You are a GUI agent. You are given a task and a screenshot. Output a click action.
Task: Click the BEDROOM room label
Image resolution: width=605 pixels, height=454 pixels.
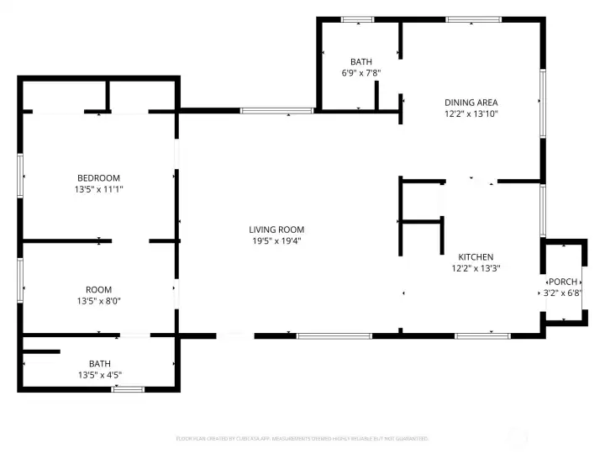(x=98, y=177)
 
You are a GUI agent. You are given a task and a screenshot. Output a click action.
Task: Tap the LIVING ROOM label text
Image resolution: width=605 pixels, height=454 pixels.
(x=276, y=230)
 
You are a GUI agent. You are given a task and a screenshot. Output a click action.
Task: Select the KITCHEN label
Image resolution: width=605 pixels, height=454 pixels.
(x=475, y=257)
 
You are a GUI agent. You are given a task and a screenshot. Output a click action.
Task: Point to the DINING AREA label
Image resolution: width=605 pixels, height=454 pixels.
(x=471, y=103)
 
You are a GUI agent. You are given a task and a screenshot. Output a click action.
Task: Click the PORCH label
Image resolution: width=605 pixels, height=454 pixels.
(x=562, y=282)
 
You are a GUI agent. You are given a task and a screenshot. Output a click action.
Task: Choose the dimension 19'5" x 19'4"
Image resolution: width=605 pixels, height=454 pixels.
(x=276, y=241)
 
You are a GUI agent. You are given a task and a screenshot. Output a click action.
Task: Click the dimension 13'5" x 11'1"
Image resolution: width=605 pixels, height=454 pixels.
(x=98, y=189)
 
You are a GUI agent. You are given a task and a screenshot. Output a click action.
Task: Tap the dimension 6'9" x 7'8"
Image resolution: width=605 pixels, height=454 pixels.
(x=361, y=73)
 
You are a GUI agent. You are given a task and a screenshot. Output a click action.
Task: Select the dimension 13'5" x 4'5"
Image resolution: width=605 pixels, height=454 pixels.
(x=98, y=374)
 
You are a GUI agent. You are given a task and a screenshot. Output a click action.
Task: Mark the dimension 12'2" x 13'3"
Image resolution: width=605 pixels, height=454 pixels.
(x=475, y=269)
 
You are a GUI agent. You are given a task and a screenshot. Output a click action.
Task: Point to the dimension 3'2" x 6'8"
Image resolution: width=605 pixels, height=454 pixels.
(x=562, y=293)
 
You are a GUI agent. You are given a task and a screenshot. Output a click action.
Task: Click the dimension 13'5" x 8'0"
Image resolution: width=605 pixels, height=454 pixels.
(x=98, y=301)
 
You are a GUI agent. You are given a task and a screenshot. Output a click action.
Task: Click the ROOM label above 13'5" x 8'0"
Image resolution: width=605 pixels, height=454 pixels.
(x=98, y=289)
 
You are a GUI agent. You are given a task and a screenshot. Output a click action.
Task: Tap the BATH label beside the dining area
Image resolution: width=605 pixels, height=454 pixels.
(x=361, y=61)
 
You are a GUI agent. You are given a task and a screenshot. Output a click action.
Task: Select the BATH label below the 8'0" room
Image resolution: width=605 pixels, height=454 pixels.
(x=98, y=363)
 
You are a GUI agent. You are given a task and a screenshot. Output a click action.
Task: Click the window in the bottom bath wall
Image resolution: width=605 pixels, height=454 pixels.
(x=128, y=389)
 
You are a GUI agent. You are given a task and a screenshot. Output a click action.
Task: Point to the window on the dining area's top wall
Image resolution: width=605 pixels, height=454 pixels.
(x=462, y=19)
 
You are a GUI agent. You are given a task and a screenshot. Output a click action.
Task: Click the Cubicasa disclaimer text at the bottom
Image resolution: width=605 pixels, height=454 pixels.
(x=302, y=438)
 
